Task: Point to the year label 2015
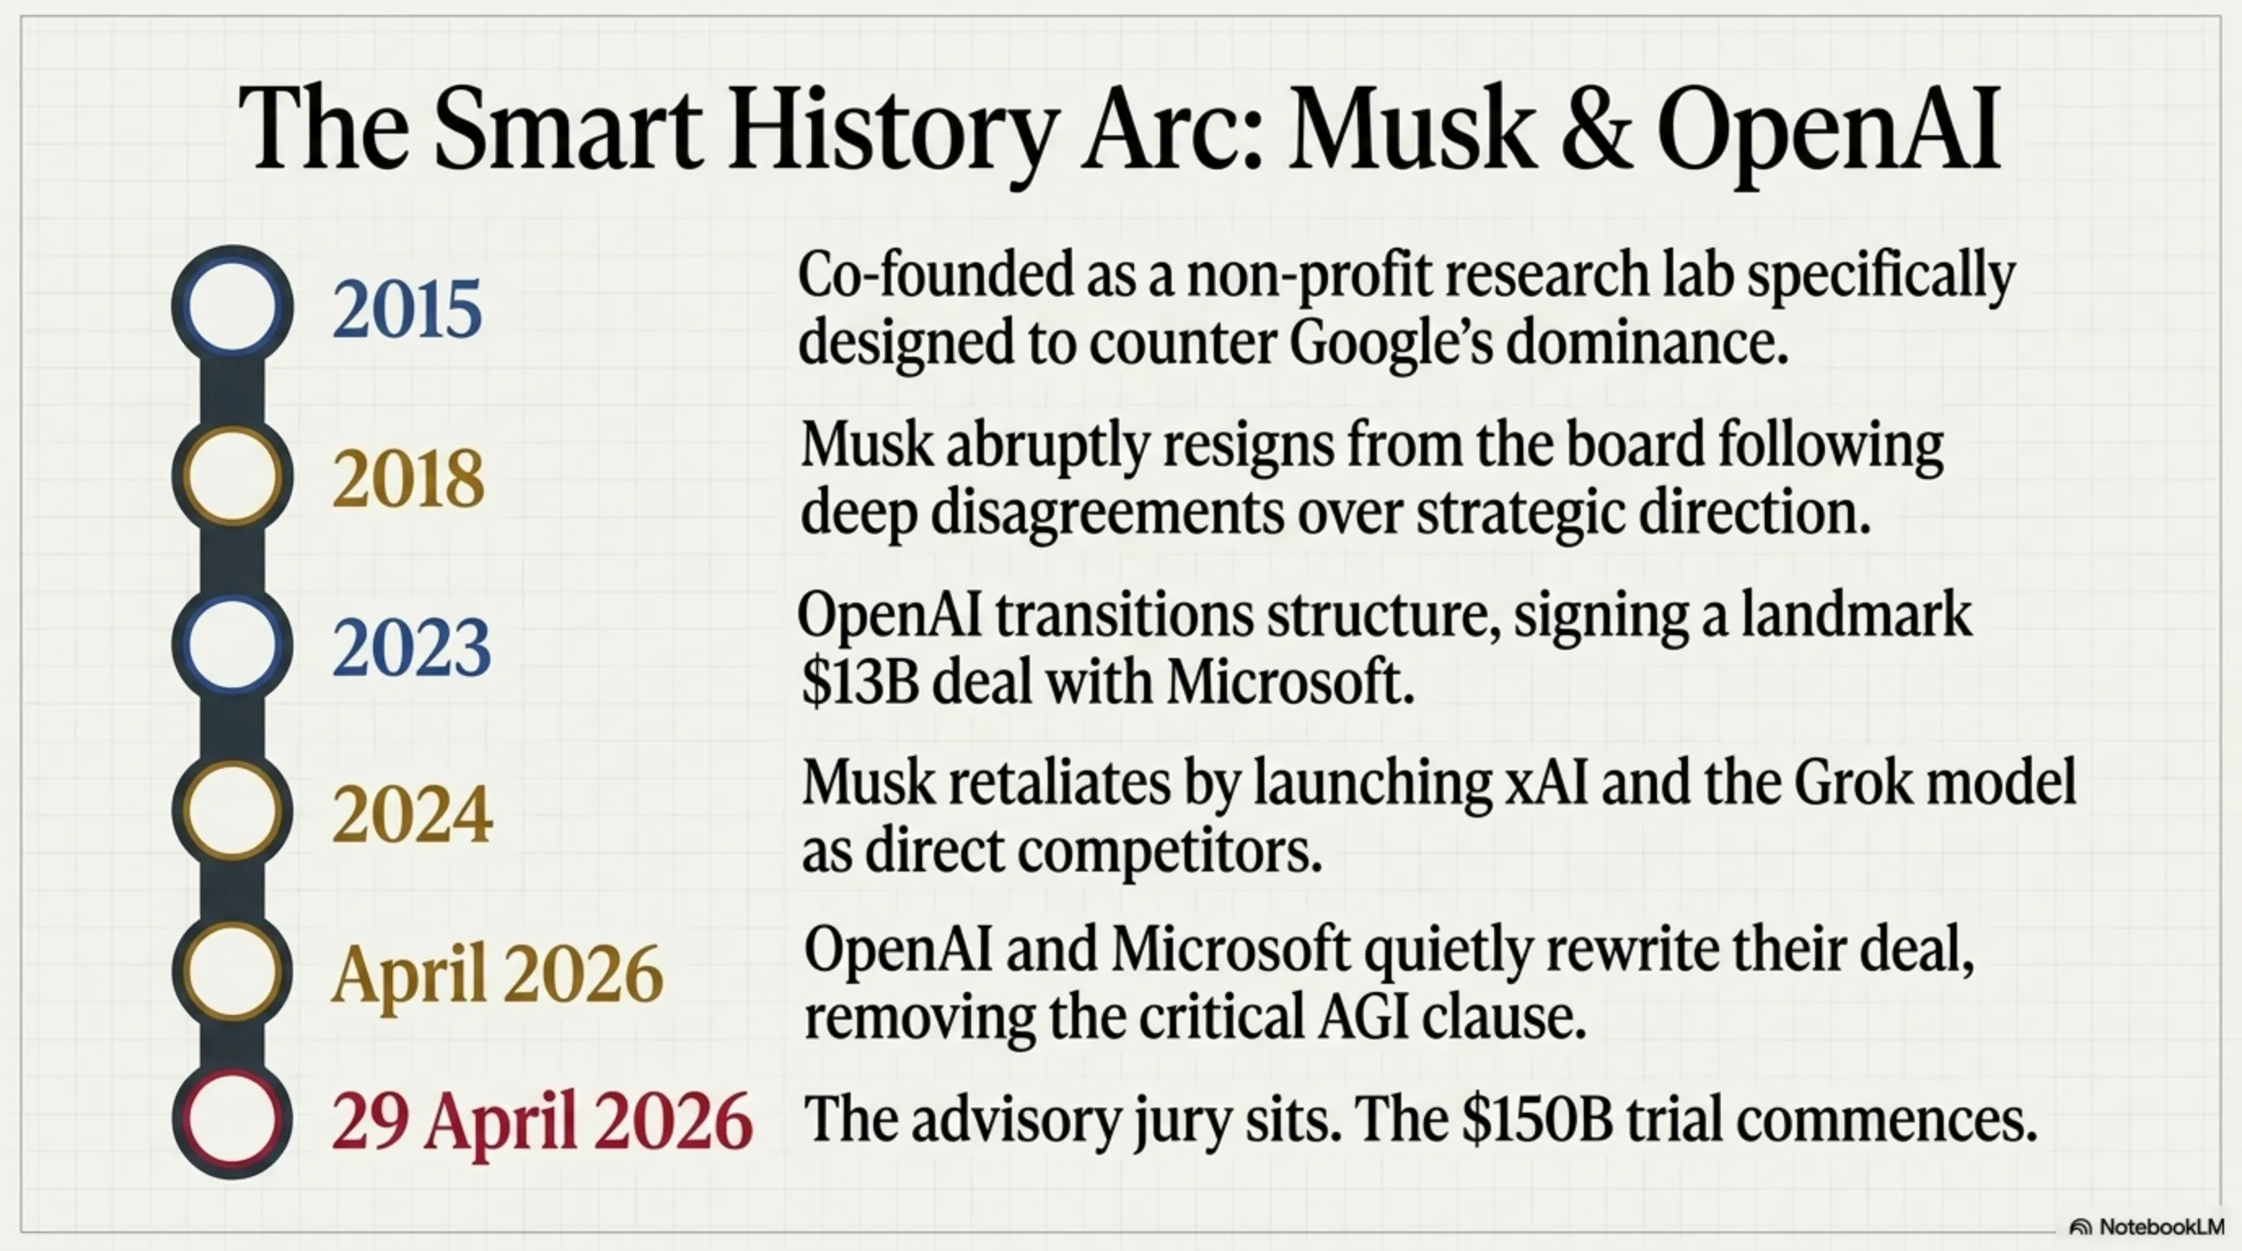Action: coord(407,309)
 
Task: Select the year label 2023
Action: coord(411,648)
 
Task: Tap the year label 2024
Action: coord(411,815)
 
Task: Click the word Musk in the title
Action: coord(1409,129)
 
